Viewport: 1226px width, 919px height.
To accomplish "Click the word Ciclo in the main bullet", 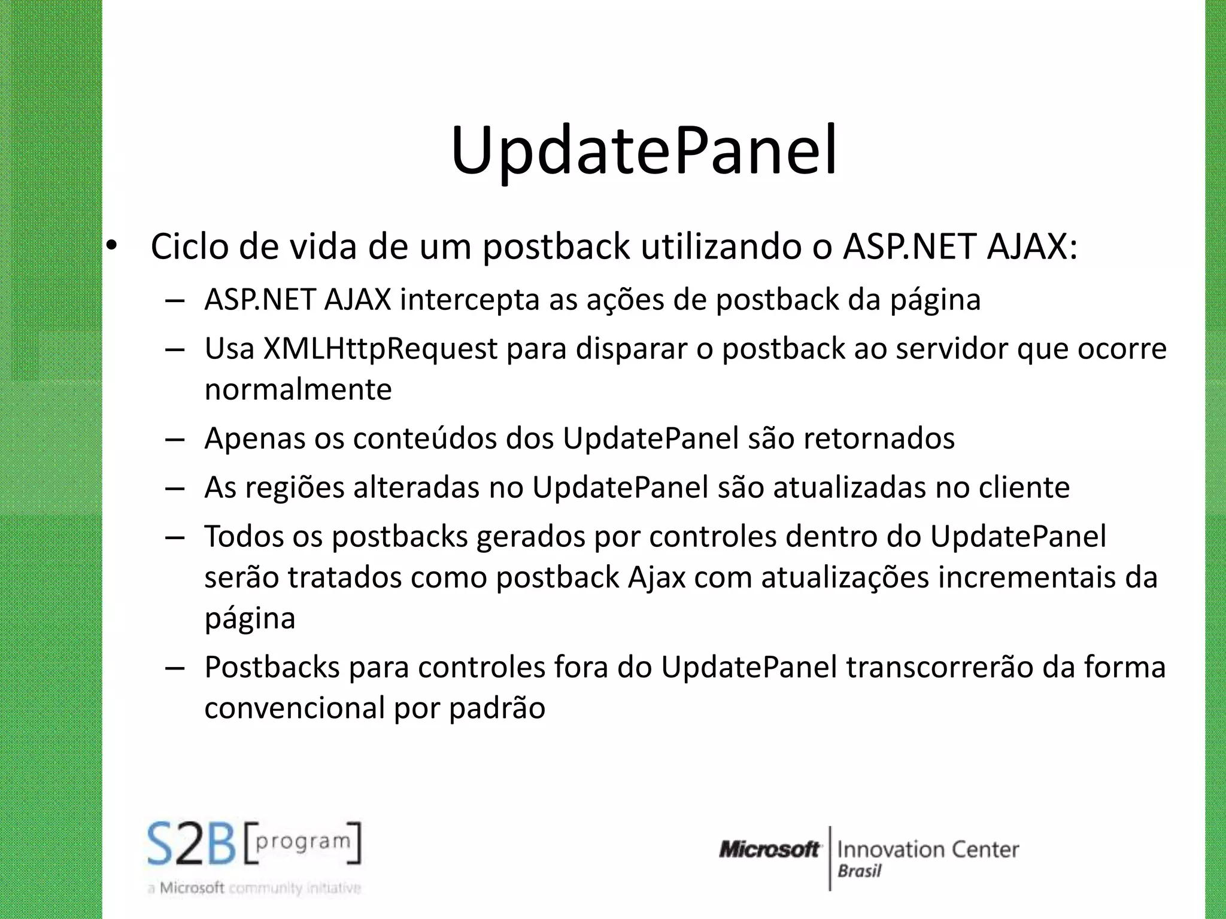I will click(x=189, y=246).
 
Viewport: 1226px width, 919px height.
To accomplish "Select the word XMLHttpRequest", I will click(x=381, y=349).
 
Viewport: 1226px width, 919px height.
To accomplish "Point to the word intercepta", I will click(x=470, y=300).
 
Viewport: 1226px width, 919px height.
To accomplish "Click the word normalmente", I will click(x=298, y=389).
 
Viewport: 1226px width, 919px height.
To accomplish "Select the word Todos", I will click(x=244, y=536).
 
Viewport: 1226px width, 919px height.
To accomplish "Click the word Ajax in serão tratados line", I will click(x=657, y=577).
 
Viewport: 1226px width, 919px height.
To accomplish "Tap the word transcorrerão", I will click(x=940, y=667).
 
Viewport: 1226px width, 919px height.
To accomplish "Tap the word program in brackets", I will click(x=303, y=842).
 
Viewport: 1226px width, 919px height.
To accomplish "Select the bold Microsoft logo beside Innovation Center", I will click(x=769, y=849).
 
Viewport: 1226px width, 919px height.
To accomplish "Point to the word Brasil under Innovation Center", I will click(x=860, y=871).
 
